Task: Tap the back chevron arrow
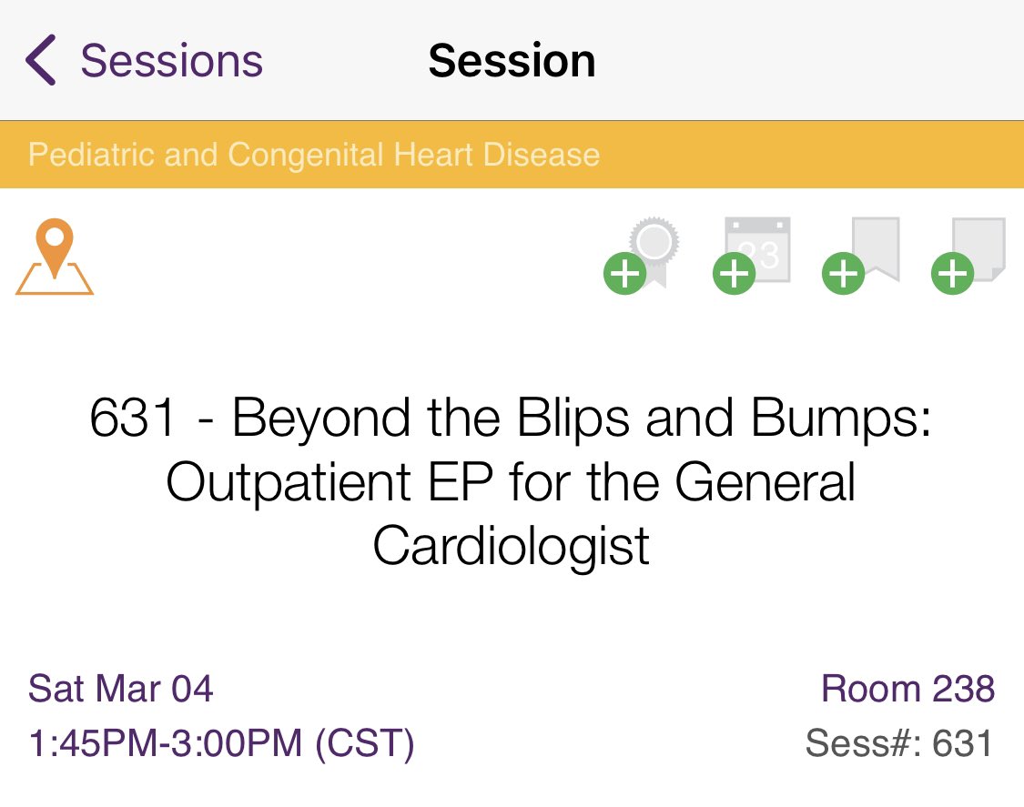pos(41,61)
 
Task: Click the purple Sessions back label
pos(171,61)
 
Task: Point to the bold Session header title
pos(512,61)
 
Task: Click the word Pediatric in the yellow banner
pos(92,155)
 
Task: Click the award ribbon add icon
pos(643,255)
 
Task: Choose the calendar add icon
pos(752,255)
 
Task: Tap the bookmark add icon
pos(861,255)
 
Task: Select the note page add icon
pos(970,255)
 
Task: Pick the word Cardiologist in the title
pos(512,546)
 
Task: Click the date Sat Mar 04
pos(121,688)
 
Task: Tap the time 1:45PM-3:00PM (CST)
pos(221,743)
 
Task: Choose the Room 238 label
pos(907,688)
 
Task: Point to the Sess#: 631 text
pos(898,743)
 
